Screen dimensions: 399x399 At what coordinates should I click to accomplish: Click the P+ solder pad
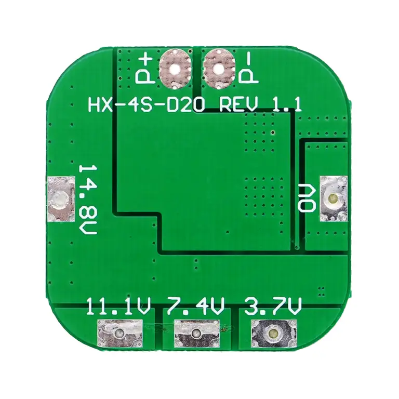click(x=175, y=69)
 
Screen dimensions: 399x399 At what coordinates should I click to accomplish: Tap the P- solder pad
click(x=219, y=69)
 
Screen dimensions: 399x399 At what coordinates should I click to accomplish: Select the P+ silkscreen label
click(x=144, y=70)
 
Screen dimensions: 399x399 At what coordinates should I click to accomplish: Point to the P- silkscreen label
click(x=248, y=70)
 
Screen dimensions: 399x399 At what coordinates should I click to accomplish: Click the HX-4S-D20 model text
click(x=146, y=104)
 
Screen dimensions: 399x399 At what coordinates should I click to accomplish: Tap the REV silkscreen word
click(x=238, y=104)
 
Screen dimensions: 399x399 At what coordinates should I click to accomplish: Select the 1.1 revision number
click(x=287, y=104)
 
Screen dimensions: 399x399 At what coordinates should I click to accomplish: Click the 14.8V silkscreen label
click(x=88, y=199)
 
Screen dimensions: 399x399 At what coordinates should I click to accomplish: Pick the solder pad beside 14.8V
click(x=61, y=199)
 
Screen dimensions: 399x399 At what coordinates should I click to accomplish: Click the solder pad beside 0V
click(x=333, y=198)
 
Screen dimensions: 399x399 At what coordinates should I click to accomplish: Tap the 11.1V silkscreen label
click(x=118, y=307)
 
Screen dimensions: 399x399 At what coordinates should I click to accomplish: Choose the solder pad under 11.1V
click(x=120, y=334)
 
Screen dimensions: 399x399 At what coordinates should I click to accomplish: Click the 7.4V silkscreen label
click(x=196, y=307)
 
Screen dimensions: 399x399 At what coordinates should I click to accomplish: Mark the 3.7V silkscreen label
click(x=273, y=307)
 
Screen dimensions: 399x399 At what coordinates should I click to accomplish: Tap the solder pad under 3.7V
click(x=274, y=334)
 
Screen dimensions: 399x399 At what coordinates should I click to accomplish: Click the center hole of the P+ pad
click(x=175, y=69)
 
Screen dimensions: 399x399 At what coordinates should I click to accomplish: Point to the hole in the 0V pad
click(x=332, y=198)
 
